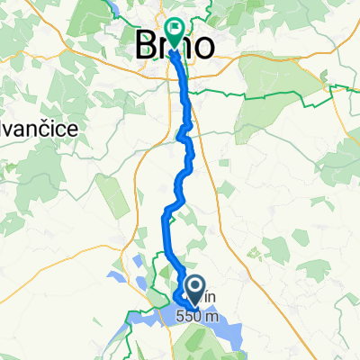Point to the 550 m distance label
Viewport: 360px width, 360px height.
pyautogui.click(x=197, y=316)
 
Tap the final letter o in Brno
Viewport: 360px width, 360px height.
pyautogui.click(x=203, y=45)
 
